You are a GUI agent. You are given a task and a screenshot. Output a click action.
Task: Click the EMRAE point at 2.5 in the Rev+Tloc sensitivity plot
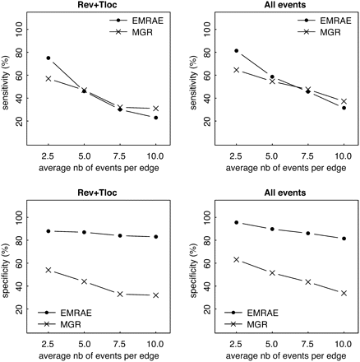click(x=48, y=58)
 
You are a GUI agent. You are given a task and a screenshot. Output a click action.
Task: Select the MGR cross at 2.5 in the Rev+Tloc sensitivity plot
click(x=48, y=79)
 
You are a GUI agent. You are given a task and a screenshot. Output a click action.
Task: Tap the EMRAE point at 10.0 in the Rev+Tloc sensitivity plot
click(x=155, y=118)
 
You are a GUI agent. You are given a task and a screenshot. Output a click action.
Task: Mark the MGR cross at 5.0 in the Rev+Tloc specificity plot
click(x=84, y=281)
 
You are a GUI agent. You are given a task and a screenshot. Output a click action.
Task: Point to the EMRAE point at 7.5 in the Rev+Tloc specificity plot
click(x=120, y=235)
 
